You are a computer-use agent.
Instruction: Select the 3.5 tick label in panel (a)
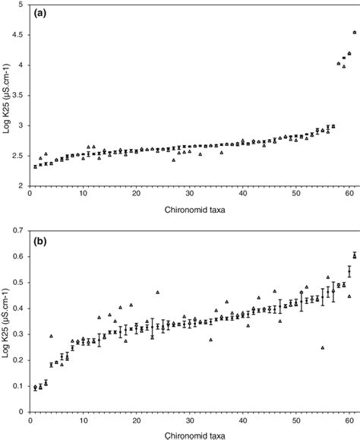click(18, 95)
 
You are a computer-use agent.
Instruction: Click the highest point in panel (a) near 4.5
click(355, 32)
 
